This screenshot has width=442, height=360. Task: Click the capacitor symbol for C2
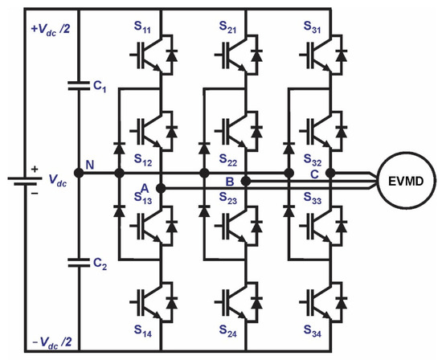79,260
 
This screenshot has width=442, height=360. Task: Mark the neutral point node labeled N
79,173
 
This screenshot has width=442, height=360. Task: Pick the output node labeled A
161,189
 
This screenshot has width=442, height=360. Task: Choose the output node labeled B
246,181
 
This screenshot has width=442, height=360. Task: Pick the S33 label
313,198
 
